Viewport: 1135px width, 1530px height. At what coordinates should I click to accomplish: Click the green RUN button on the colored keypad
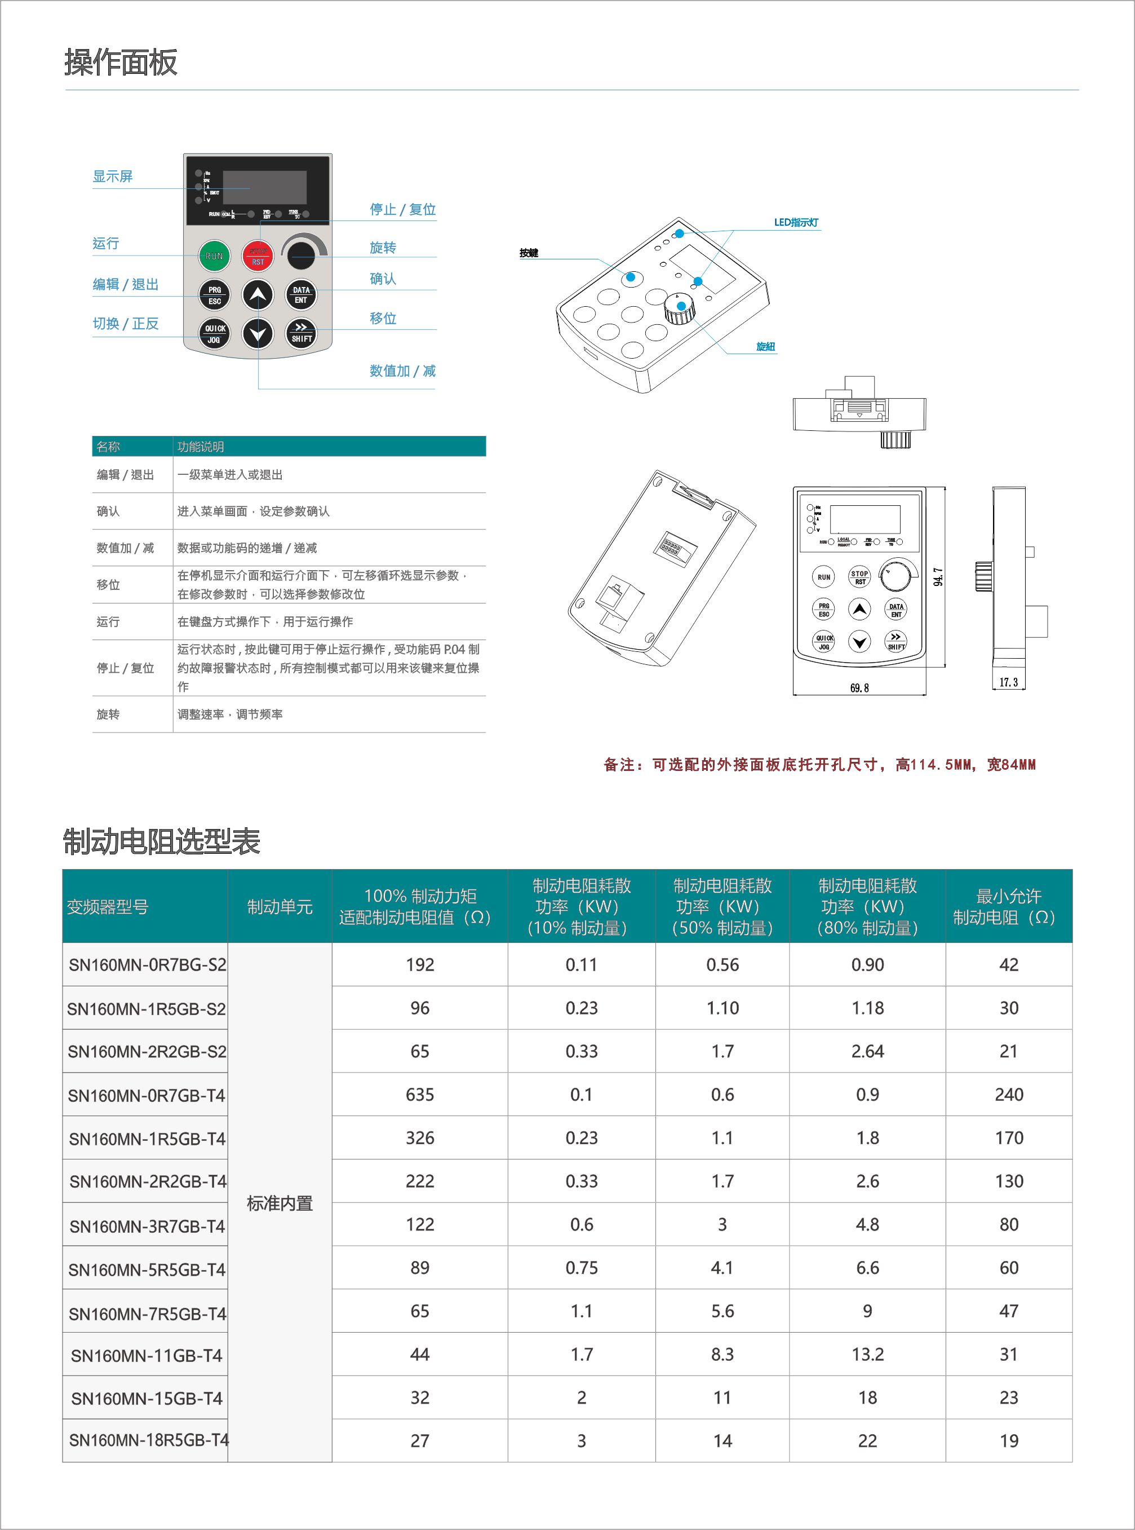214,255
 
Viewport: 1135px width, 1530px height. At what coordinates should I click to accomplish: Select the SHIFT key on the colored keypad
301,334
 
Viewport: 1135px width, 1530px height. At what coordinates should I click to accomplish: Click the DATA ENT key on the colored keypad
301,295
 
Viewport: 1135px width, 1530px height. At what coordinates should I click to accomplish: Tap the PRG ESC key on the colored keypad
214,296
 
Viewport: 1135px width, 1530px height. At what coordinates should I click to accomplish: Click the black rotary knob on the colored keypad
301,255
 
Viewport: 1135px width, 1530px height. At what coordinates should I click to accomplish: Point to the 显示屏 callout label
113,177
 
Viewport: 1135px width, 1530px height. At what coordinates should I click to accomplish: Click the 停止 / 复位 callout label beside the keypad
402,210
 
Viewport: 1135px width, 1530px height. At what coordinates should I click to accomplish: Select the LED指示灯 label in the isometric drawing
796,223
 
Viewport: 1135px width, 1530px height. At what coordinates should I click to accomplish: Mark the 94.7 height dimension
938,577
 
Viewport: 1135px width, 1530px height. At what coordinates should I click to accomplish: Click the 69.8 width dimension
859,688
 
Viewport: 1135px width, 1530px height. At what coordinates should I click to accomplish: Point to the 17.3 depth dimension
1009,682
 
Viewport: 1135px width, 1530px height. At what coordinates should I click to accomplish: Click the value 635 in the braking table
420,1095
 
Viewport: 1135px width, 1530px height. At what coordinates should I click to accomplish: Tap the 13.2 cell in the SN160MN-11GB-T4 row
867,1355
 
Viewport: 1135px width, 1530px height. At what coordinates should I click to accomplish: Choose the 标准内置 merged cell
280,1203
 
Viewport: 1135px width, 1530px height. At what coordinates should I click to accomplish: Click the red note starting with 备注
819,765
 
